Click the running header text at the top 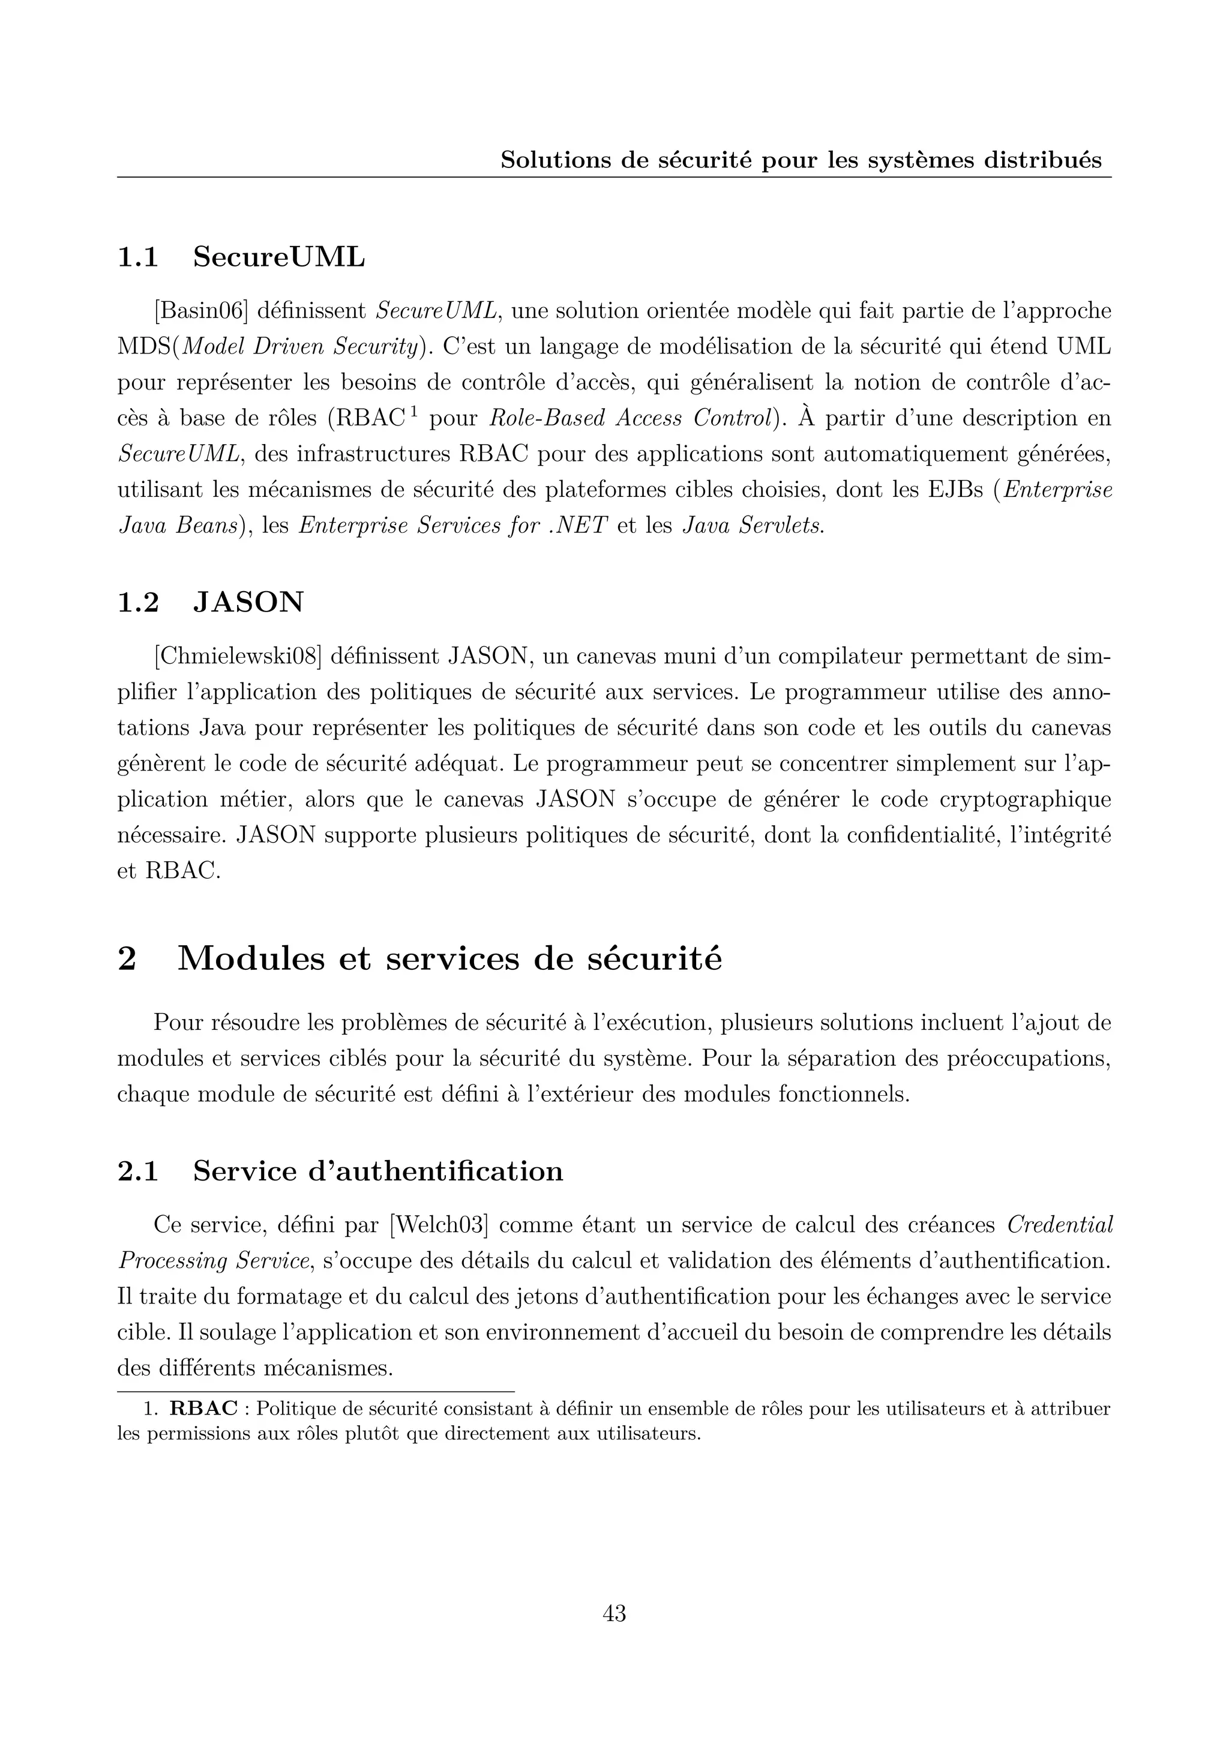coord(801,160)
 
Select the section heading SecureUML coord(278,257)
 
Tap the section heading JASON coord(248,603)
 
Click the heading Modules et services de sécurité coord(449,959)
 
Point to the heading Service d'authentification coord(377,1171)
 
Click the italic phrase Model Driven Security coord(299,347)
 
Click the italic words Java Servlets coord(753,526)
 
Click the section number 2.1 coord(138,1171)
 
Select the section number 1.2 coord(138,603)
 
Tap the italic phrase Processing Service coord(214,1261)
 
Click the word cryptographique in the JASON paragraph coord(1025,799)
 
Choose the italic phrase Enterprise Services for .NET coord(453,526)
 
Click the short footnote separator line coord(315,1391)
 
